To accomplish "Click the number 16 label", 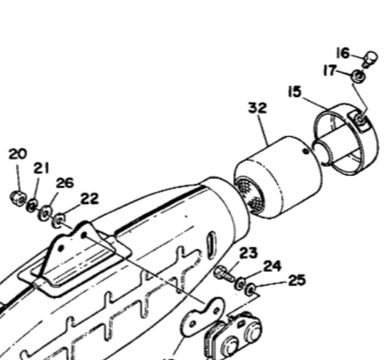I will [343, 53].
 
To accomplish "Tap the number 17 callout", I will [332, 71].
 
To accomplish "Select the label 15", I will [294, 92].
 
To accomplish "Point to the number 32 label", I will [258, 108].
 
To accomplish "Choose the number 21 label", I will [42, 169].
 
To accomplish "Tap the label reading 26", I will [64, 183].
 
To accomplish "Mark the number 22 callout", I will [89, 198].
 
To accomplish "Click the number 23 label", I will [248, 253].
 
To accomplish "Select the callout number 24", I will [271, 266].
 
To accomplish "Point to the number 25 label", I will [297, 280].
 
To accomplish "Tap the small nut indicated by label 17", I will [355, 76].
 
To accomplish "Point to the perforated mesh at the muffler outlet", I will [246, 195].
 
